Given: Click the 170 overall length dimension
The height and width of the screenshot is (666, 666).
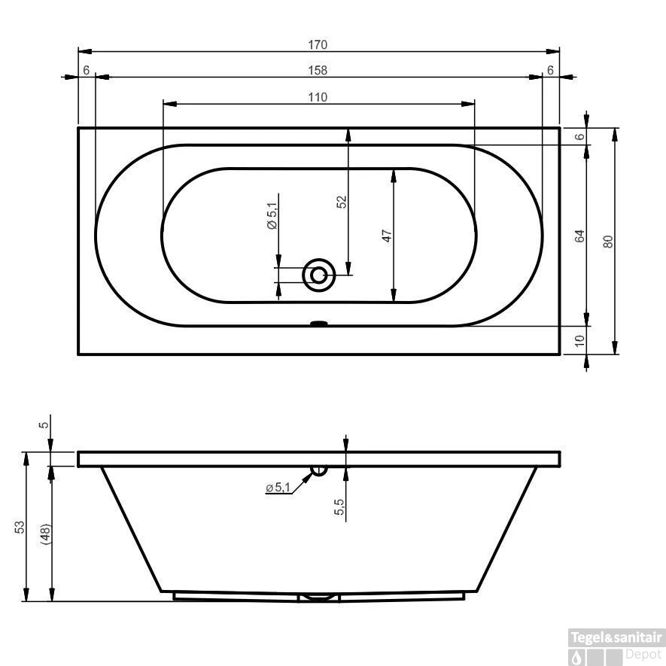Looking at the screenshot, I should pyautogui.click(x=318, y=44).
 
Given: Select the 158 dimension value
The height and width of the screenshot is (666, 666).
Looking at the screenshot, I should pyautogui.click(x=318, y=70).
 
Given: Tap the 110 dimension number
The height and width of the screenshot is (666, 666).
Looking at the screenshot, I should pyautogui.click(x=318, y=97).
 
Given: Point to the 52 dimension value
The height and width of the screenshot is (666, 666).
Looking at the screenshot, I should pyautogui.click(x=341, y=202).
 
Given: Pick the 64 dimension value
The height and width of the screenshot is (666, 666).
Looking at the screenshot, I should pyautogui.click(x=579, y=236).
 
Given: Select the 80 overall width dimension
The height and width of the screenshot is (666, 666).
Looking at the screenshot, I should pyautogui.click(x=608, y=241).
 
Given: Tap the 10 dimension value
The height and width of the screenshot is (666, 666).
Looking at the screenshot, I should pyautogui.click(x=579, y=340).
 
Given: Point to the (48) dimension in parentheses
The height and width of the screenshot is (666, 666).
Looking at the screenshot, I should pyautogui.click(x=46, y=534).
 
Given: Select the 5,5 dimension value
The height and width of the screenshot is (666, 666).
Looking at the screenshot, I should pyautogui.click(x=339, y=508).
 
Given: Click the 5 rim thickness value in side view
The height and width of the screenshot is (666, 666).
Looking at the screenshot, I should pyautogui.click(x=44, y=424).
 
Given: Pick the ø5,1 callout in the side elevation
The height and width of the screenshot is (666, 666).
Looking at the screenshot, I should pyautogui.click(x=278, y=488).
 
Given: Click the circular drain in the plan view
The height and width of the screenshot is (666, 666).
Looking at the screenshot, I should pyautogui.click(x=319, y=275).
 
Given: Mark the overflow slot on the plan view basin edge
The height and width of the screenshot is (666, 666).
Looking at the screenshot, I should pyautogui.click(x=319, y=325).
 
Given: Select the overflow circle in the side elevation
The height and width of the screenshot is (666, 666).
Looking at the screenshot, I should pyautogui.click(x=319, y=470).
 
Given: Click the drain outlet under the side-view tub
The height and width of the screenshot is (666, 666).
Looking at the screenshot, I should pyautogui.click(x=319, y=598).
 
